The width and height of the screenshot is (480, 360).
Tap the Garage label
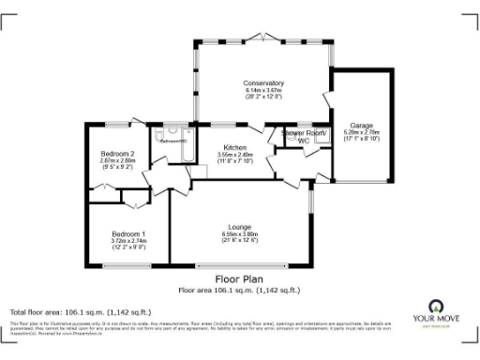tap(362, 125)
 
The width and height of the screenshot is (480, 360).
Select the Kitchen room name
tap(235, 147)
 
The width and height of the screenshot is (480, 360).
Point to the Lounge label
tap(239, 227)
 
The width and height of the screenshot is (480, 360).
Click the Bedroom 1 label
tap(128, 232)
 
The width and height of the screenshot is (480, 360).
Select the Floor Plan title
tap(239, 278)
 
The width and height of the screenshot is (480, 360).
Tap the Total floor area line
tap(80, 311)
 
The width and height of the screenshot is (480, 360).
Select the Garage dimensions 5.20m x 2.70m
tap(362, 132)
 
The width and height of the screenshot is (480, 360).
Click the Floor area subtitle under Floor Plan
tap(239, 288)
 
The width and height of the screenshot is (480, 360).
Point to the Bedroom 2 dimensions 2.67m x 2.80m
tap(120, 160)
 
